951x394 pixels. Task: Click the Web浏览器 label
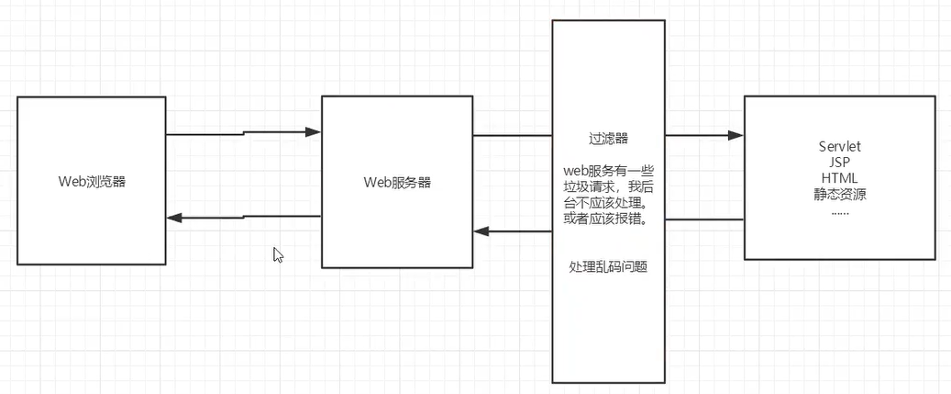click(x=91, y=181)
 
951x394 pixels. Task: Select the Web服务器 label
click(x=397, y=182)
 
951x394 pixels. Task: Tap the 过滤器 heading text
click(x=608, y=140)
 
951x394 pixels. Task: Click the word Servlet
click(x=839, y=147)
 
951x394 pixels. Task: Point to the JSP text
click(x=839, y=163)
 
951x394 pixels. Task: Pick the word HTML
click(x=839, y=178)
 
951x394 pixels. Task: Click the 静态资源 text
click(x=839, y=194)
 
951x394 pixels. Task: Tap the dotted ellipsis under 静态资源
click(x=839, y=211)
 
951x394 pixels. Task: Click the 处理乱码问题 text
click(x=608, y=266)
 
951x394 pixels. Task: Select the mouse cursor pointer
click(x=278, y=254)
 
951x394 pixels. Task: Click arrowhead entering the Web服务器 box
click(x=314, y=132)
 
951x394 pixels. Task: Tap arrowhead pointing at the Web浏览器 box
click(x=174, y=218)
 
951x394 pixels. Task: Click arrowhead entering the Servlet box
click(x=735, y=135)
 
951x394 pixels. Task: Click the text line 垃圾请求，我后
click(x=608, y=186)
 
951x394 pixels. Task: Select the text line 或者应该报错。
click(x=608, y=219)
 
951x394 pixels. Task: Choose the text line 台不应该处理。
click(x=608, y=203)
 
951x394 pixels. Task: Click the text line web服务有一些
click(x=608, y=171)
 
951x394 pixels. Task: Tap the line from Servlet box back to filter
click(x=703, y=220)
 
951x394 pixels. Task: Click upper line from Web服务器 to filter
click(x=511, y=136)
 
